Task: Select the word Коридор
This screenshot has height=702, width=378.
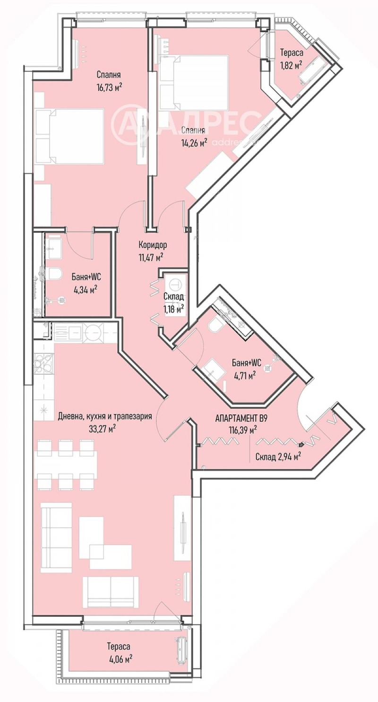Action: [x=153, y=245]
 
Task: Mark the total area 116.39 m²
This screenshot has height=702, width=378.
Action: [x=241, y=430]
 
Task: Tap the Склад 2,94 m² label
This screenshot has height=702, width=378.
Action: [x=278, y=456]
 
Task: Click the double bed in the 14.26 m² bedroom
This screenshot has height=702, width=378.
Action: [x=194, y=82]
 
